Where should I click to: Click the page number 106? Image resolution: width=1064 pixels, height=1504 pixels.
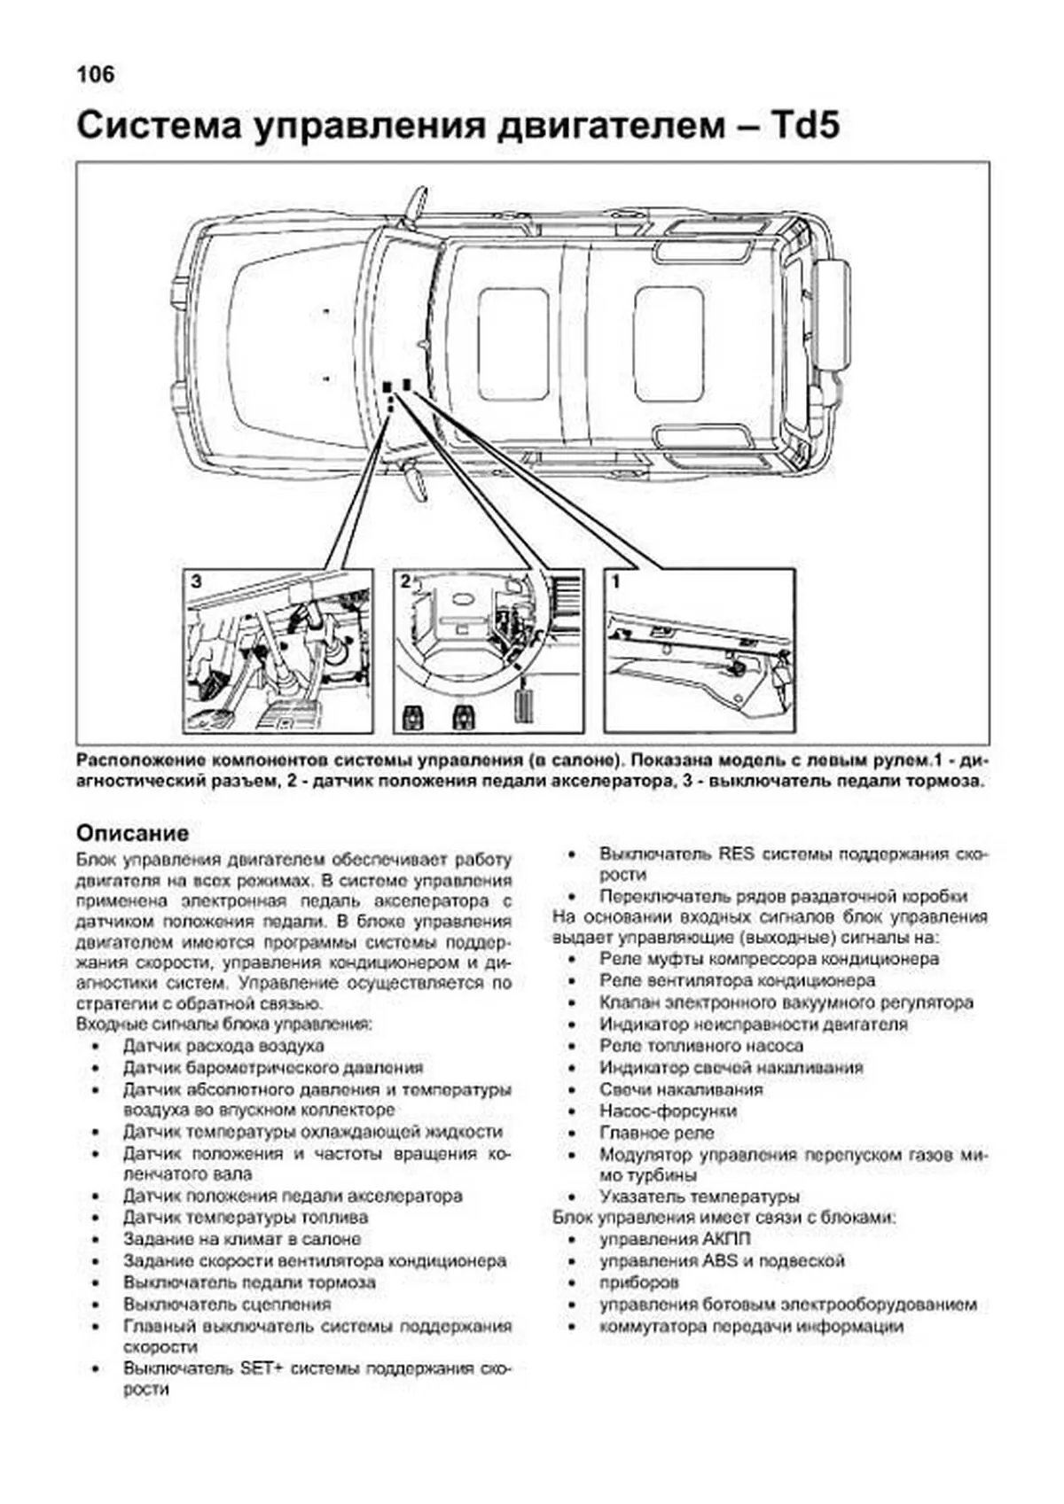tap(95, 75)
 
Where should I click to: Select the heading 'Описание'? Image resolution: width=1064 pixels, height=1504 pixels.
tap(132, 833)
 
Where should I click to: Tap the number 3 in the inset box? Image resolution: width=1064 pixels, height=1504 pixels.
tap(197, 582)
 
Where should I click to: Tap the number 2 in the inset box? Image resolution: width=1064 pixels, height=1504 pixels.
tap(405, 582)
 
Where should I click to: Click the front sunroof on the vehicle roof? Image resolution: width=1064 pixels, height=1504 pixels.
tap(512, 343)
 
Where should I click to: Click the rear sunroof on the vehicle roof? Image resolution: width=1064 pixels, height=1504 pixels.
tap(669, 343)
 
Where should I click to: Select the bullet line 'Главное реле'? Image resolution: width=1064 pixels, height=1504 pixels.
tap(656, 1133)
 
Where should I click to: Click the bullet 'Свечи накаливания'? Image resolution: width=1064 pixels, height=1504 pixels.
tap(680, 1089)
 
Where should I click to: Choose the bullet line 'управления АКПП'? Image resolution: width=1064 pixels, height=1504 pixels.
tap(674, 1239)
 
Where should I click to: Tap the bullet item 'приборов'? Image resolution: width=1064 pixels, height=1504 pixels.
tap(638, 1282)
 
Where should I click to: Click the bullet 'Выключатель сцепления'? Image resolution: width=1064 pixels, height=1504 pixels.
tap(227, 1305)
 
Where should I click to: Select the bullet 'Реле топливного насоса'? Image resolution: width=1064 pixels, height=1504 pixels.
tap(700, 1046)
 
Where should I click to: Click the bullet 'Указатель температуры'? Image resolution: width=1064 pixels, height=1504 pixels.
tap(699, 1196)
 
